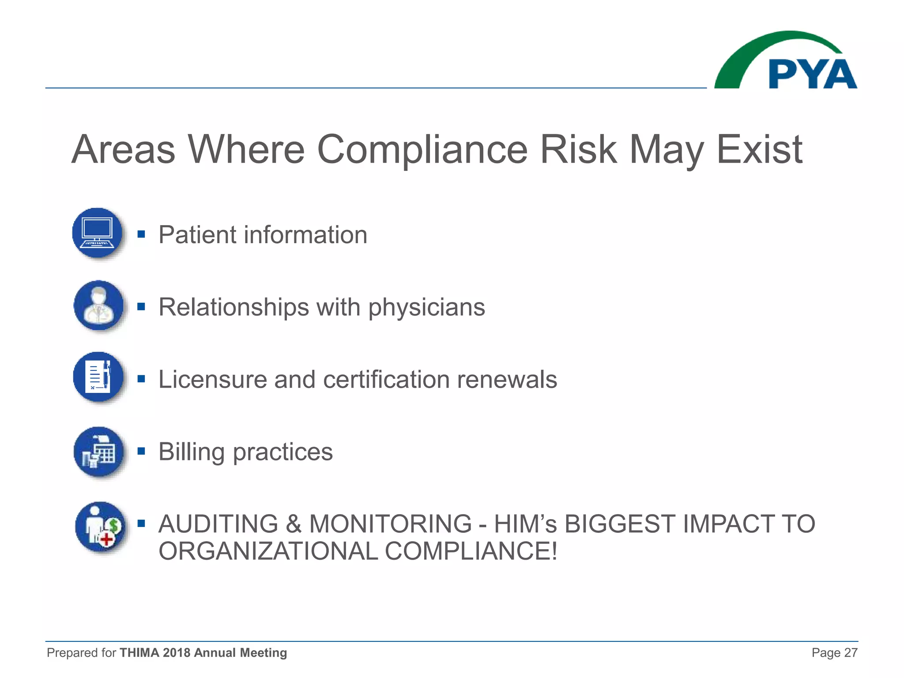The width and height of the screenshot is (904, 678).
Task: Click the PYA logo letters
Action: tap(812, 74)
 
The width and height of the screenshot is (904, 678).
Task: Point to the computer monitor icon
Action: tap(98, 233)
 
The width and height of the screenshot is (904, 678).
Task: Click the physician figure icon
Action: tap(99, 305)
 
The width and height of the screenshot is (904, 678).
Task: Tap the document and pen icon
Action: tap(99, 377)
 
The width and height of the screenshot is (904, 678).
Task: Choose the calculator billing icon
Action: tap(99, 452)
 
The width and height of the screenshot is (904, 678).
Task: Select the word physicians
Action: tap(426, 308)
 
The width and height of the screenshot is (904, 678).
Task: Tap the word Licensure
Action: tap(212, 380)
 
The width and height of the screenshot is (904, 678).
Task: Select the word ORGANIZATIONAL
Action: tap(268, 551)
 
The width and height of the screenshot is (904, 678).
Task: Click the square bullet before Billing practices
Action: tap(141, 451)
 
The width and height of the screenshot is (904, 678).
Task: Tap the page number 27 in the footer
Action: tap(851, 653)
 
